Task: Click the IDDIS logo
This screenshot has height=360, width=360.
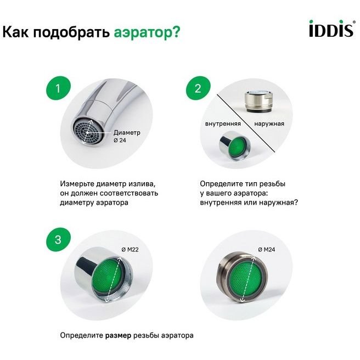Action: click(x=332, y=29)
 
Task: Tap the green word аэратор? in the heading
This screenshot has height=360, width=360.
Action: click(x=147, y=32)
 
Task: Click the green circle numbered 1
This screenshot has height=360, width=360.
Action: click(x=58, y=88)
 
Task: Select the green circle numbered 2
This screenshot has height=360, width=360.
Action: click(x=198, y=88)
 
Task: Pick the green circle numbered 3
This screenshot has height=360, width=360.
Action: click(x=58, y=240)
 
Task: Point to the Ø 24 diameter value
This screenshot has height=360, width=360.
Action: click(x=120, y=140)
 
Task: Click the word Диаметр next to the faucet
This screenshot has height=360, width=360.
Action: click(x=127, y=133)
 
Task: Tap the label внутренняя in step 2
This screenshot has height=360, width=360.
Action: click(x=223, y=124)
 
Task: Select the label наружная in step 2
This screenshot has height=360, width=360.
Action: click(x=269, y=124)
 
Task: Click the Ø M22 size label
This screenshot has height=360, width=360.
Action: click(x=130, y=250)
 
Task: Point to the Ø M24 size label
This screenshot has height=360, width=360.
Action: click(x=267, y=250)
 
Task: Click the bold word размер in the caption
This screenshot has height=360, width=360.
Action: click(x=118, y=335)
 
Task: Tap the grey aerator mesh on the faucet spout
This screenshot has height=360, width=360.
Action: click(x=86, y=132)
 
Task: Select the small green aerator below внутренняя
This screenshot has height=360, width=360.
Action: click(x=234, y=145)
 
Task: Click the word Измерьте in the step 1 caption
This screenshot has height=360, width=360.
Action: click(x=77, y=184)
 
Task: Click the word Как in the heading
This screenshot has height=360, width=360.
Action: click(x=15, y=32)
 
